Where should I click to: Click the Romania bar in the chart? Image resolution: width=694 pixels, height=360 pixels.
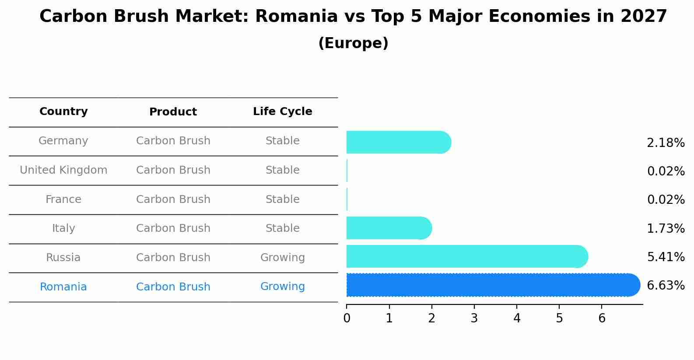tap(492, 285)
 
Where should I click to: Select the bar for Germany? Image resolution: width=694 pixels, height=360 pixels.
tap(398, 142)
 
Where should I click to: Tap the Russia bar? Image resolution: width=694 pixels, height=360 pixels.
tap(466, 256)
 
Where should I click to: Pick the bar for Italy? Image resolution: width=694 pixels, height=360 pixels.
tap(389, 228)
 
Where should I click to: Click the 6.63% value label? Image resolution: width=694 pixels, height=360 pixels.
tap(666, 286)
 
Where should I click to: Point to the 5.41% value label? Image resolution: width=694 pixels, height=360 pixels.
tap(666, 257)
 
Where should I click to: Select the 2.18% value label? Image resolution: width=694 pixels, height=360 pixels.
tap(666, 143)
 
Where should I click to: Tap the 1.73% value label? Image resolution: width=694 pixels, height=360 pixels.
tap(666, 228)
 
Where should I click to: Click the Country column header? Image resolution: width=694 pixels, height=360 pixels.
tap(63, 112)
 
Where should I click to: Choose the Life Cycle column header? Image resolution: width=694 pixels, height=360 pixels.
tap(282, 112)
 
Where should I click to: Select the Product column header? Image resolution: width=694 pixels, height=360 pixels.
tap(173, 112)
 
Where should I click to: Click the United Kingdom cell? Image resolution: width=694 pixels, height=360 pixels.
tap(63, 170)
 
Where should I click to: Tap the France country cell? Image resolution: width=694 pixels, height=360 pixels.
tap(63, 199)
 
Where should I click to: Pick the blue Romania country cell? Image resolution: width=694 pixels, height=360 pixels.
tap(63, 287)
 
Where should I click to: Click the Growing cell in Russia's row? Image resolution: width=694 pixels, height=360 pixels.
tap(282, 258)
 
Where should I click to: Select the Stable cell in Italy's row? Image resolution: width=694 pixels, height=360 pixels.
tap(282, 228)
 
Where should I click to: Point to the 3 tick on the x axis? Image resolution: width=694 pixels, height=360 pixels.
tap(474, 318)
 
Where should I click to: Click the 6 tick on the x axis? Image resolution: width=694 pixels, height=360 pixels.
tap(602, 318)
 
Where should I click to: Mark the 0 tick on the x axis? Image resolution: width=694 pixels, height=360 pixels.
tap(347, 318)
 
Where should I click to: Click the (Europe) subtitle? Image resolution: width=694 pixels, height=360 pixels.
tap(353, 43)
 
